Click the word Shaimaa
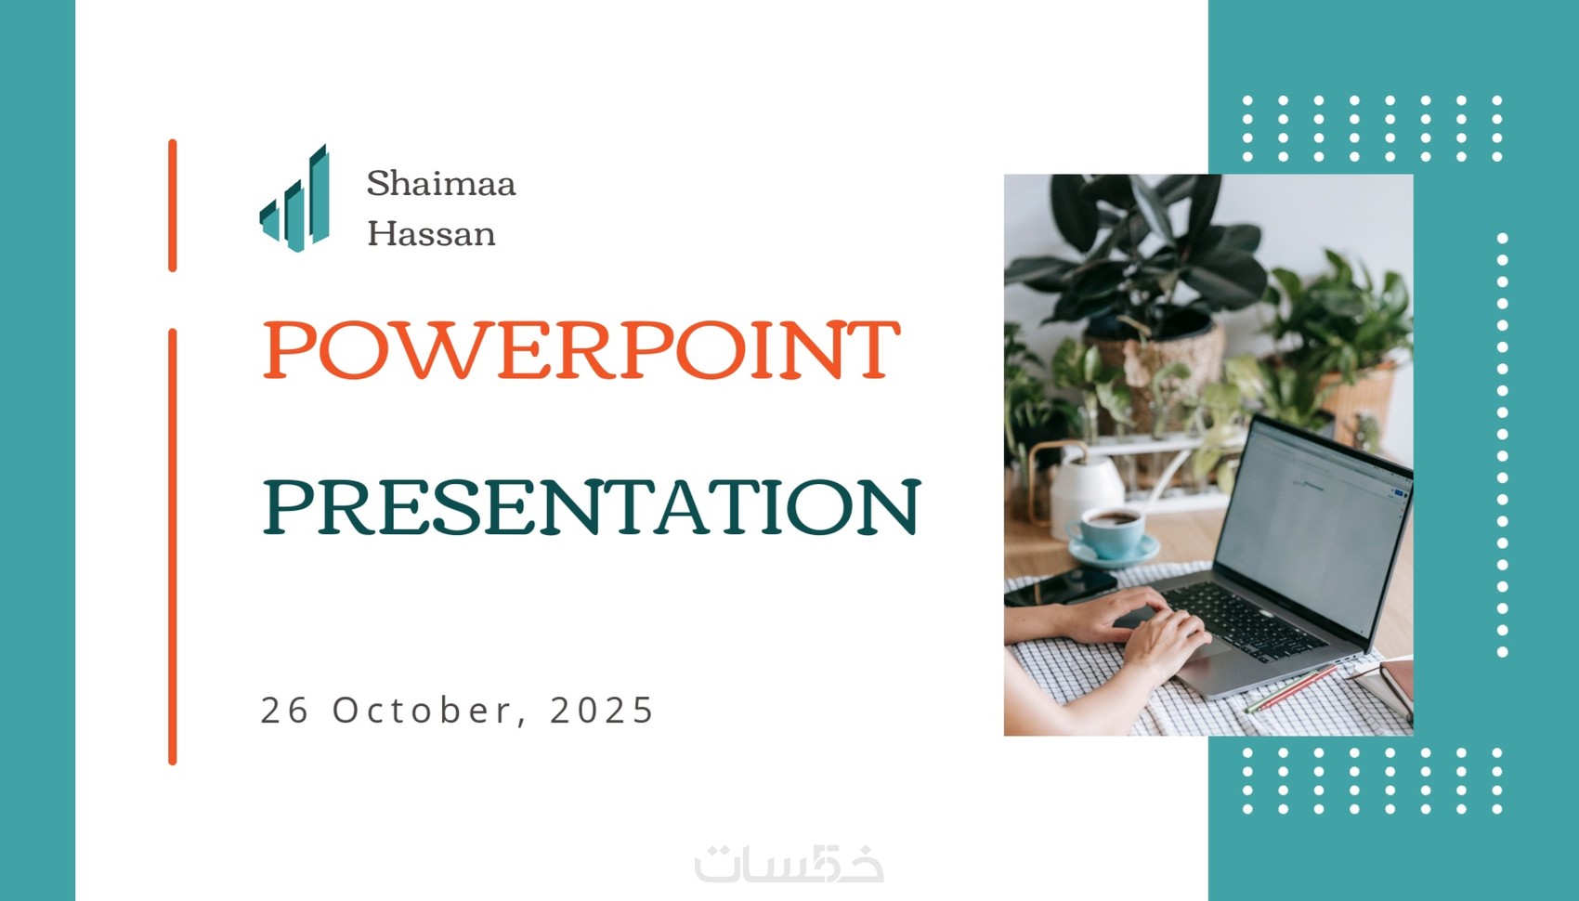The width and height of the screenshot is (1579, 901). (x=441, y=183)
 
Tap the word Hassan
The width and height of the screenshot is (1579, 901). (x=431, y=233)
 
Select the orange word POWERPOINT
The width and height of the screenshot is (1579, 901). (x=581, y=349)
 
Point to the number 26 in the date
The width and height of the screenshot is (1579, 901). (x=285, y=710)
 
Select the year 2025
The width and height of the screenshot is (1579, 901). (x=602, y=710)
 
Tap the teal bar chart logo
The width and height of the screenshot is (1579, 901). (x=294, y=198)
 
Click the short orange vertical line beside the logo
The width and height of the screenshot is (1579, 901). (x=173, y=205)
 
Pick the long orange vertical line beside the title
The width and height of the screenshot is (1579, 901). (x=173, y=546)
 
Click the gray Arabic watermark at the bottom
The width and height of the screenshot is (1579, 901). (x=789, y=863)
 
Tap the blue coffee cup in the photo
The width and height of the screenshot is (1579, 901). (x=1108, y=533)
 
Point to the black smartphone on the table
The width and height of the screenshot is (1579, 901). (x=1061, y=587)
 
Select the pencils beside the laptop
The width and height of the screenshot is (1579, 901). (x=1290, y=688)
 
